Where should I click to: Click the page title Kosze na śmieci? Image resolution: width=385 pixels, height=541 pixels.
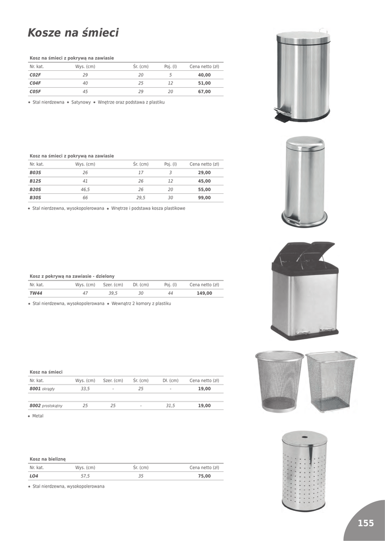tap(73, 33)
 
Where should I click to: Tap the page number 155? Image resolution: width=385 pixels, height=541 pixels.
tap(365, 523)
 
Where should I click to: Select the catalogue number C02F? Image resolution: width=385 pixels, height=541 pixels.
tap(35, 75)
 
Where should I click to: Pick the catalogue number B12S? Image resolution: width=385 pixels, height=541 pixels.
tap(35, 181)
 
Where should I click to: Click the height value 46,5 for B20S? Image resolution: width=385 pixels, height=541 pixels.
tap(85, 190)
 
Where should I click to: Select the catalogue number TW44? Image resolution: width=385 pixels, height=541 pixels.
tap(36, 293)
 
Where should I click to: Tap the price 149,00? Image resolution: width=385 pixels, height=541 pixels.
tap(204, 293)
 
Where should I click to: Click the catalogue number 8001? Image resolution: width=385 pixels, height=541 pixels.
tap(35, 389)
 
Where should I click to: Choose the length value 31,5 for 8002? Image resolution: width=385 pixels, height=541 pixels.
tap(170, 406)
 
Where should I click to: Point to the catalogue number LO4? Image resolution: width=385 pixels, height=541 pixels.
tap(34, 476)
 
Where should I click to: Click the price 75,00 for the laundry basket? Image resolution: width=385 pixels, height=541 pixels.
tap(204, 476)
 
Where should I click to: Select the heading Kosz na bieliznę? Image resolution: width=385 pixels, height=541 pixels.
tap(47, 459)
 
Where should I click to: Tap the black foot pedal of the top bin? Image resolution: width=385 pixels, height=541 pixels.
tap(281, 116)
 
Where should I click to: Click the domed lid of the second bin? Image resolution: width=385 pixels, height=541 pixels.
tap(305, 143)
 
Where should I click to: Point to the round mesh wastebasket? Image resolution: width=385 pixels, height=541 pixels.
tap(279, 380)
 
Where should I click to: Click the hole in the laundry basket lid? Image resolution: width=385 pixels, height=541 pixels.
tap(305, 438)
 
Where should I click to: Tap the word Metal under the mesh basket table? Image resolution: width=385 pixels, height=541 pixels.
tap(38, 416)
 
